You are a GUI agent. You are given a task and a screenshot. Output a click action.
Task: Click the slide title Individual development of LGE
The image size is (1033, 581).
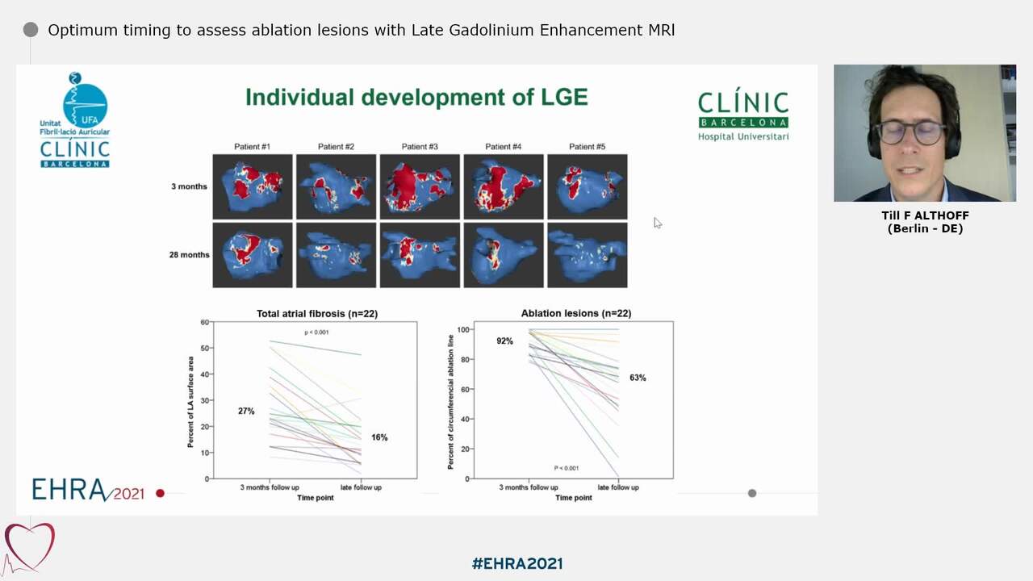(x=416, y=98)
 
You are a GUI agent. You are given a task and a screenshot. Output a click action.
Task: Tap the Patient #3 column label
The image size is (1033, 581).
(x=420, y=147)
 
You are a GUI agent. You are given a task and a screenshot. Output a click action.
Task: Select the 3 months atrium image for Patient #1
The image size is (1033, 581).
(x=252, y=186)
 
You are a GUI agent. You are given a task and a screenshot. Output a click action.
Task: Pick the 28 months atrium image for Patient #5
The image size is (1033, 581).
(x=587, y=254)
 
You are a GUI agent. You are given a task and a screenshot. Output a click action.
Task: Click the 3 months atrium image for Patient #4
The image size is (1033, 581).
(x=504, y=186)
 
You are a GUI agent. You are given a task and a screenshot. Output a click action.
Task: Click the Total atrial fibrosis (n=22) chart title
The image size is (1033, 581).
(x=317, y=313)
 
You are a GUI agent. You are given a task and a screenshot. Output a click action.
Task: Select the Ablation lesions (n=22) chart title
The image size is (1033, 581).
(x=576, y=313)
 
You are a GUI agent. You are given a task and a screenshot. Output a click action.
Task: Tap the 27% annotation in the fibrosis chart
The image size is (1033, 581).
(x=246, y=412)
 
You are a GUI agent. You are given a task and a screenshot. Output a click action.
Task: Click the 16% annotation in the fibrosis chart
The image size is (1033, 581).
(x=379, y=437)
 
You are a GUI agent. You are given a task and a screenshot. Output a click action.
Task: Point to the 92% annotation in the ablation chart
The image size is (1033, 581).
(x=504, y=341)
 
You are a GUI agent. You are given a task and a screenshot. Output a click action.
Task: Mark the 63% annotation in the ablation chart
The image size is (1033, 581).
(x=638, y=378)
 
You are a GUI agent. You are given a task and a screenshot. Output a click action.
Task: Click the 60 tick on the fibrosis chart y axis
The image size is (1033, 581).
(x=204, y=323)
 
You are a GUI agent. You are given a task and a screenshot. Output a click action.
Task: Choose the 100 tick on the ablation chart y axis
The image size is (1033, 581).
(x=463, y=330)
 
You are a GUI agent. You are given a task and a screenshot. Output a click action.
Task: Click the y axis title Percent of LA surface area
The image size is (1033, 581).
(x=191, y=401)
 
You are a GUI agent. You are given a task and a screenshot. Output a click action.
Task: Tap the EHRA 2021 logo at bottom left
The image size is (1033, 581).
(x=87, y=490)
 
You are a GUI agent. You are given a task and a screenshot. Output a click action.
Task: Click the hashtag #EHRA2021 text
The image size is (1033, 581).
(x=516, y=563)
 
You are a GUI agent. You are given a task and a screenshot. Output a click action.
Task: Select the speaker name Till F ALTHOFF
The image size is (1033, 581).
(x=925, y=215)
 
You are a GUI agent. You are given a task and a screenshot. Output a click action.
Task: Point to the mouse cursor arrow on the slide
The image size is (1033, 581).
(x=657, y=222)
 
